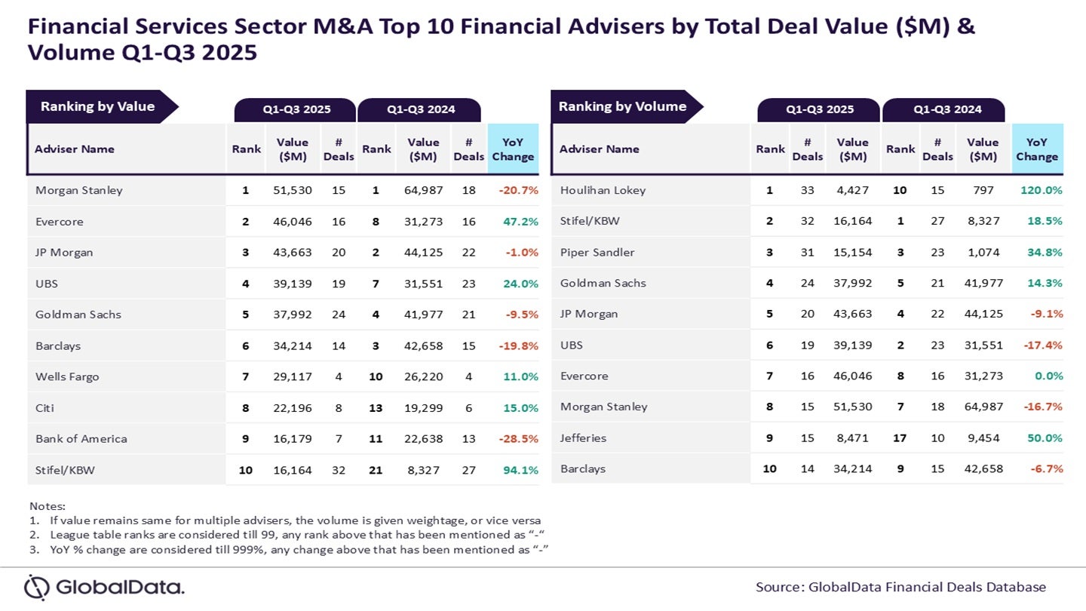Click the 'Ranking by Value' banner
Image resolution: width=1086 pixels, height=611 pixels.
(x=97, y=106)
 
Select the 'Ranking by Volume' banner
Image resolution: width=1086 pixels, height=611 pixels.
(x=622, y=106)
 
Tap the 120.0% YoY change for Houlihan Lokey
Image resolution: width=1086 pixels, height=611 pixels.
(x=1042, y=190)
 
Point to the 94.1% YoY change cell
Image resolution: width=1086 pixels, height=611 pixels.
(x=520, y=470)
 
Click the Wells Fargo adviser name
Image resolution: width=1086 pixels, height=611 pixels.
(x=67, y=376)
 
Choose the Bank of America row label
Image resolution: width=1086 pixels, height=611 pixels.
(x=81, y=438)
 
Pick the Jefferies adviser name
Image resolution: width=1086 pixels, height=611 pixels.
(x=583, y=438)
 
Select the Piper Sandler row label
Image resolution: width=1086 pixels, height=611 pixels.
(x=597, y=252)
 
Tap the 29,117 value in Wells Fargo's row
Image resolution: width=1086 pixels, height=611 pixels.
(x=293, y=376)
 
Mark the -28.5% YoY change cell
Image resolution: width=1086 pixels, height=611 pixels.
(x=518, y=439)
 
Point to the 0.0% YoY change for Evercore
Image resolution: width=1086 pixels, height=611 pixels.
(x=1048, y=376)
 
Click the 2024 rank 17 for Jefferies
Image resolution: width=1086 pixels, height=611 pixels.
(x=900, y=438)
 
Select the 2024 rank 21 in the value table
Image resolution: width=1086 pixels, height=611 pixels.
(x=376, y=470)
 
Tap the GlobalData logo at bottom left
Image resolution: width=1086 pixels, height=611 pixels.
(x=105, y=587)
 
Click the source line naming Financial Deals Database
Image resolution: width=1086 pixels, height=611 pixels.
(x=900, y=587)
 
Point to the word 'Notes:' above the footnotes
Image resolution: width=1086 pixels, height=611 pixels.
(x=47, y=506)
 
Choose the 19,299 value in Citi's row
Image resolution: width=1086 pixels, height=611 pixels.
(x=423, y=408)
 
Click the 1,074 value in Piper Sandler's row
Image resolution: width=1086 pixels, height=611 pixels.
(x=983, y=252)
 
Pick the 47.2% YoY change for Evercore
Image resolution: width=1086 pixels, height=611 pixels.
(x=520, y=222)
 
